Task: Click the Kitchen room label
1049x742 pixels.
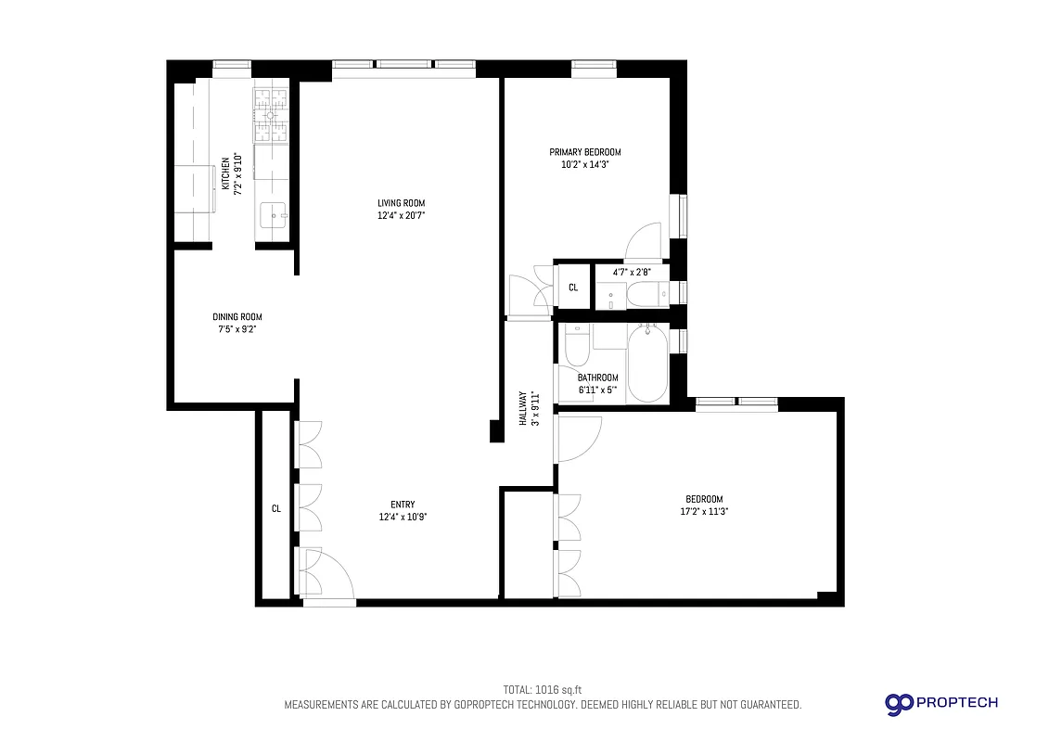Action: [225, 174]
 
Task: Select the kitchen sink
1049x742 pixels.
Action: [274, 217]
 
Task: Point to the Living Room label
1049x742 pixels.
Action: [401, 203]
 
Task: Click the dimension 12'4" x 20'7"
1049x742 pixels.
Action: [401, 216]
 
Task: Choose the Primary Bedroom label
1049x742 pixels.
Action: [584, 152]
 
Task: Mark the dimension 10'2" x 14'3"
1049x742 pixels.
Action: [584, 165]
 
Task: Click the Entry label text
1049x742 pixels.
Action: [402, 505]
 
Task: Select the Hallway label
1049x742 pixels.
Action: [523, 408]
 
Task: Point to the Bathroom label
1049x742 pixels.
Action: [597, 377]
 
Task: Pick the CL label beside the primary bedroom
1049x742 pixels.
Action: [573, 288]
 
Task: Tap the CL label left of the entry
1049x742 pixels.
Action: [275, 508]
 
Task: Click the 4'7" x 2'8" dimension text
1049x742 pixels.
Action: [632, 272]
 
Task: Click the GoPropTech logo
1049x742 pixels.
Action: [940, 703]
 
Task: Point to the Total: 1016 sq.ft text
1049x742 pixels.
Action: [542, 689]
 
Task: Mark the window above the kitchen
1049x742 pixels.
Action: [232, 68]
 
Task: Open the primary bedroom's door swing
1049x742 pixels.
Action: [646, 241]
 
